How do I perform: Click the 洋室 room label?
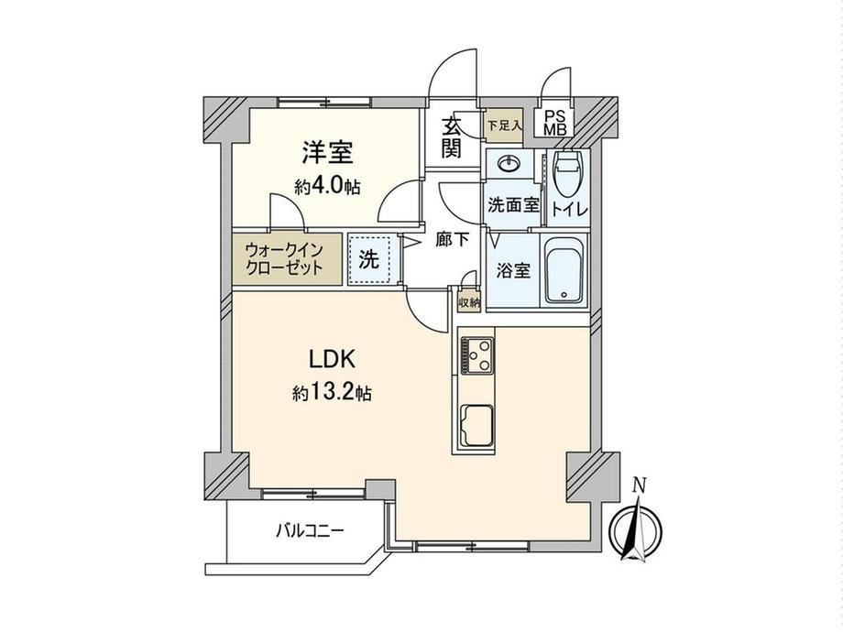pyautogui.click(x=327, y=152)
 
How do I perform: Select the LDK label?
pyautogui.click(x=332, y=360)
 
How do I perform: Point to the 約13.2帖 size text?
pyautogui.click(x=332, y=393)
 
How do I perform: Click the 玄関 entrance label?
pyautogui.click(x=452, y=137)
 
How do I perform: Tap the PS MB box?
pyautogui.click(x=554, y=123)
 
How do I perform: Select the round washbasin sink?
pyautogui.click(x=508, y=163)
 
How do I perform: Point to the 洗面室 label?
pyautogui.click(x=513, y=205)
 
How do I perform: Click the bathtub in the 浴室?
pyautogui.click(x=564, y=271)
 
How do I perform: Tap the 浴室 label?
pyautogui.click(x=513, y=270)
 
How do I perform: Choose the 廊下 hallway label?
pyautogui.click(x=452, y=240)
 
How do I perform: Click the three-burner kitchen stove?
pyautogui.click(x=476, y=354)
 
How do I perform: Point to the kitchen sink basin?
pyautogui.click(x=476, y=426)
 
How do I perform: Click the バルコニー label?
pyautogui.click(x=310, y=531)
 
